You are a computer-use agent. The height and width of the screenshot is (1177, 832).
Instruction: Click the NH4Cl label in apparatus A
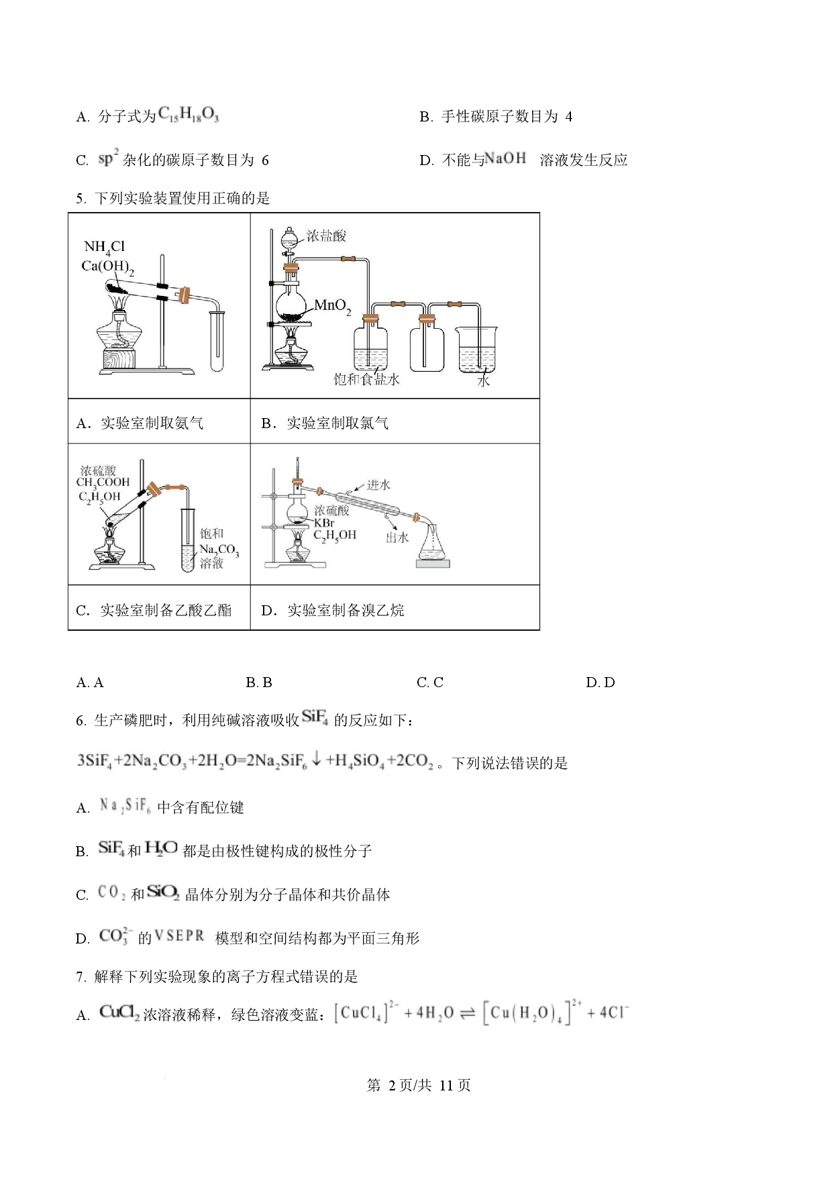[104, 247]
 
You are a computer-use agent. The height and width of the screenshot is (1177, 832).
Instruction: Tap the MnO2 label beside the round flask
[333, 306]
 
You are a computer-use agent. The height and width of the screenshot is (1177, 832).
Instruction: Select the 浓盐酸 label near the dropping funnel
[326, 236]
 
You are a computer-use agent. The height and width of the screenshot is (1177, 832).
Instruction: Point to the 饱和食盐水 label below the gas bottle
[366, 380]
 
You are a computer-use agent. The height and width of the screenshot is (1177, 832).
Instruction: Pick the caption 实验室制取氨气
[152, 423]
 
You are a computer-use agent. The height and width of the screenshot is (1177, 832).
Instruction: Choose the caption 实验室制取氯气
[337, 423]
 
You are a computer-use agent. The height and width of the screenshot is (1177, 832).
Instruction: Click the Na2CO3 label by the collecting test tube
[219, 550]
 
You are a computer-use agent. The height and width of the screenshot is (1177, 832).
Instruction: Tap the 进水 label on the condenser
[378, 484]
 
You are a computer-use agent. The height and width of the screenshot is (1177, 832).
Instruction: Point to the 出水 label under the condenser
[397, 537]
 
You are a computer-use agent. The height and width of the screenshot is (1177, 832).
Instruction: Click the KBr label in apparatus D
[324, 523]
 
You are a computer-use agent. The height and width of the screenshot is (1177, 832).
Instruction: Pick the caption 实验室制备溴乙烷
[346, 610]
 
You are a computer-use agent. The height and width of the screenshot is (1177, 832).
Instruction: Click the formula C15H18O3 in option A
[189, 115]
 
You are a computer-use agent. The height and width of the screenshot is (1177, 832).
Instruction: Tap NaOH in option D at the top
[505, 159]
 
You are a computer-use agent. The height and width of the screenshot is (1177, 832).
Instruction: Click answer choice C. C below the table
[429, 682]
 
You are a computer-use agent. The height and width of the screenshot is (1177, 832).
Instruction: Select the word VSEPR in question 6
[179, 936]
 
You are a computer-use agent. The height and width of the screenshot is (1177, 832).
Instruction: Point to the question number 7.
[81, 977]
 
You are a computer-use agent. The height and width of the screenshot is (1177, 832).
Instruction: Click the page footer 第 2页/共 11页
[418, 1085]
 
